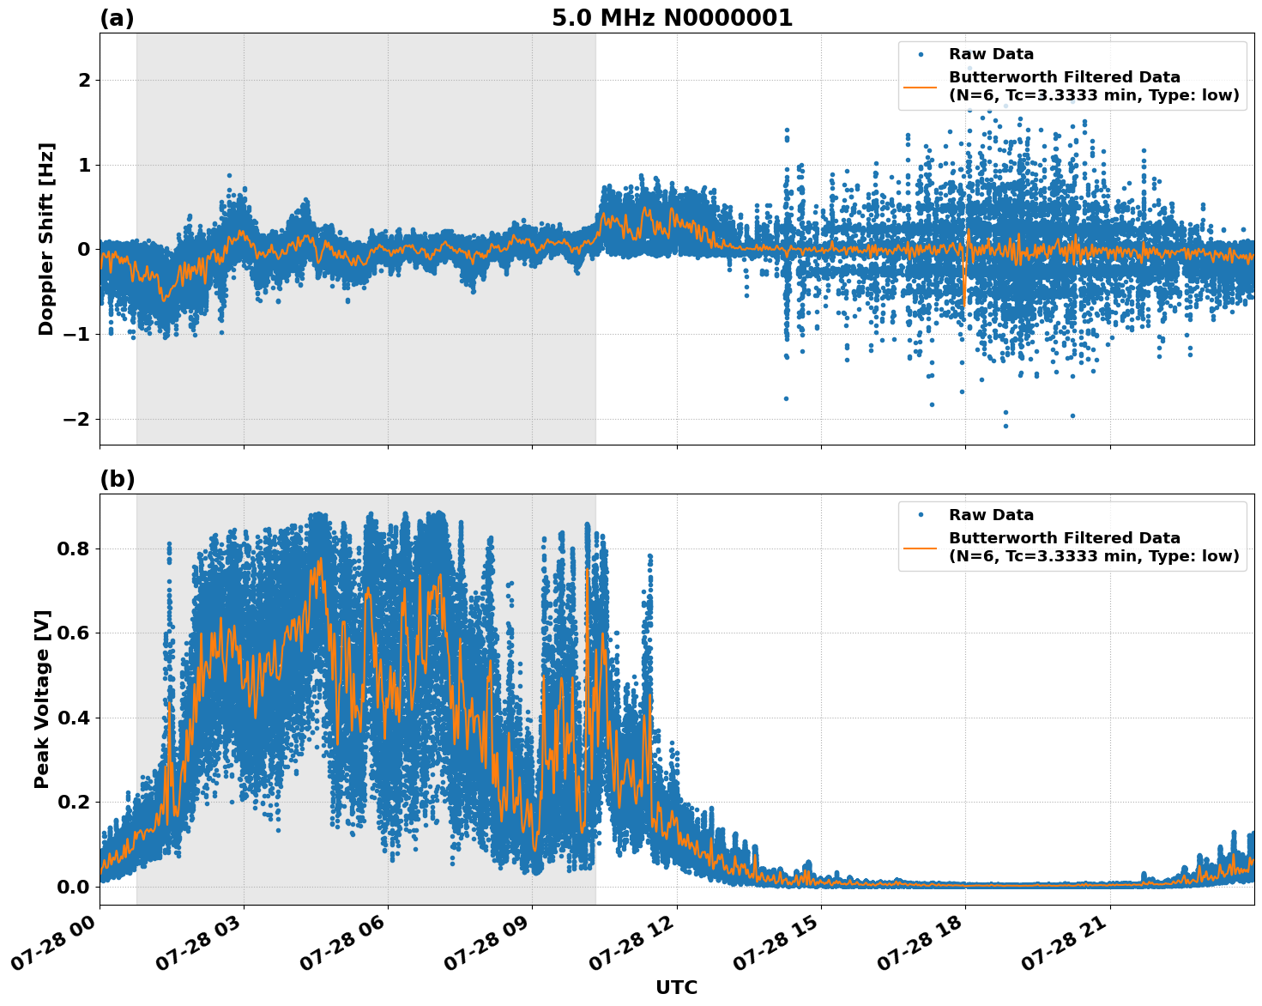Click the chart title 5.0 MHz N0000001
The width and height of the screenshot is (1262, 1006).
point(672,18)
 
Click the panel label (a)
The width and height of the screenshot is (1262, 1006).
point(117,18)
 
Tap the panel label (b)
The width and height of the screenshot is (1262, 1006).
point(117,479)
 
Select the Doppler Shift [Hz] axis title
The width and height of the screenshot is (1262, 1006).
point(46,239)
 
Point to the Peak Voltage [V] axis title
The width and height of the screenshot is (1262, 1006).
point(42,699)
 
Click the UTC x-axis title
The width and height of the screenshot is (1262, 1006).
point(676,987)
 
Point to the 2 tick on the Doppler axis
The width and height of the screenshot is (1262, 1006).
point(84,80)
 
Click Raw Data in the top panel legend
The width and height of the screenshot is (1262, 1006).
point(991,54)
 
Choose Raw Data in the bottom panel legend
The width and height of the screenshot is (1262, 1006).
point(991,515)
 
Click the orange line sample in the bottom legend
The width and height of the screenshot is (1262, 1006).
point(921,547)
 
